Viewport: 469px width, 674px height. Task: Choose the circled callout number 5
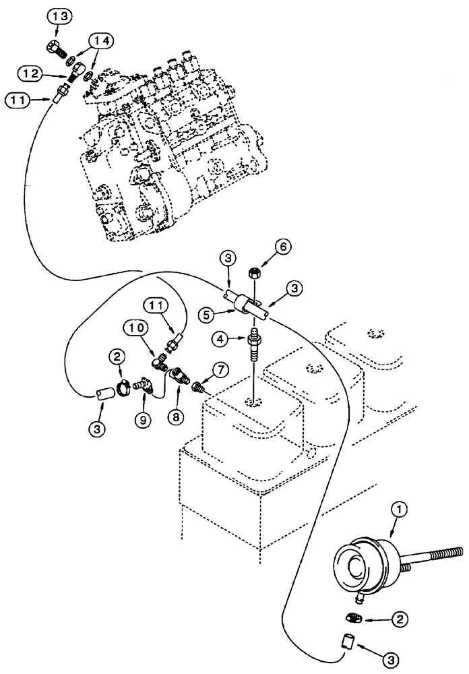coord(208,314)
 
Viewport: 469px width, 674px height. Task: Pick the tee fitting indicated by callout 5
coord(247,302)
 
